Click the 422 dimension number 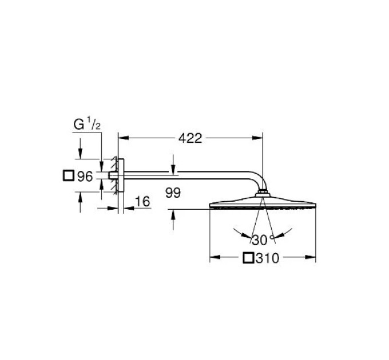coord(190,138)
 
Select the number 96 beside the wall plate coord(85,177)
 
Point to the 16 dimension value coord(142,201)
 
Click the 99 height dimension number coord(173,193)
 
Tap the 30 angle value coord(260,240)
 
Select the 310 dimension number coord(268,258)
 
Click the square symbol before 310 coord(249,258)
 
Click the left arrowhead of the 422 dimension coord(124,138)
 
